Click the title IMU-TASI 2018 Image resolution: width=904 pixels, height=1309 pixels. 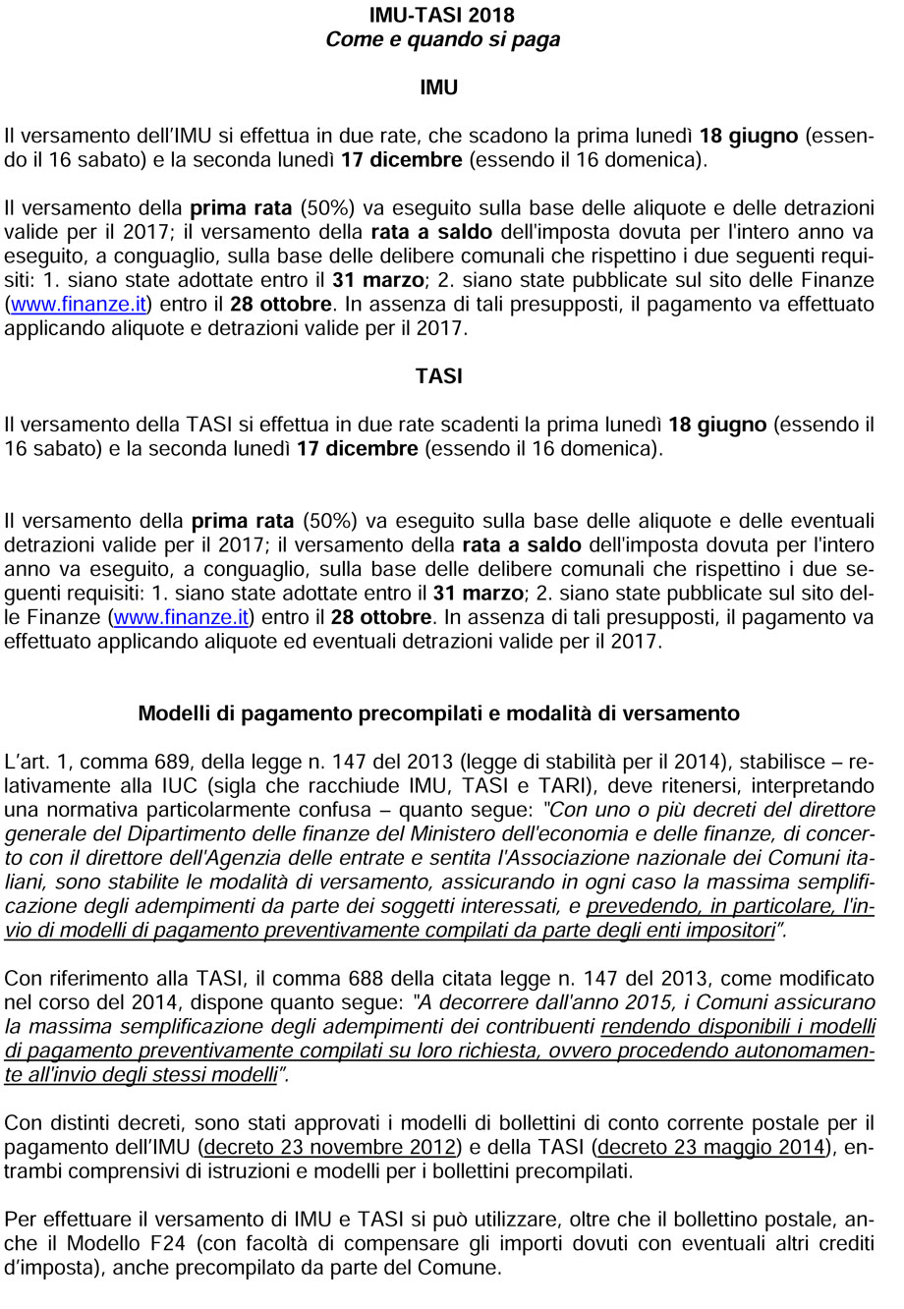click(441, 15)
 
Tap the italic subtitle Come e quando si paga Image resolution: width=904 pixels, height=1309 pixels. click(442, 40)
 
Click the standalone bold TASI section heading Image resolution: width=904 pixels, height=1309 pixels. click(438, 376)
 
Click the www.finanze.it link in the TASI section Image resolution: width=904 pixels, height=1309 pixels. click(182, 617)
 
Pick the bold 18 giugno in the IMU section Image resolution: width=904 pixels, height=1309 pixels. click(748, 136)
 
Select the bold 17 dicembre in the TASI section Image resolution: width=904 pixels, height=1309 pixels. click(358, 449)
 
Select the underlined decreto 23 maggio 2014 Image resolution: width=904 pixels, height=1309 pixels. click(708, 1147)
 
